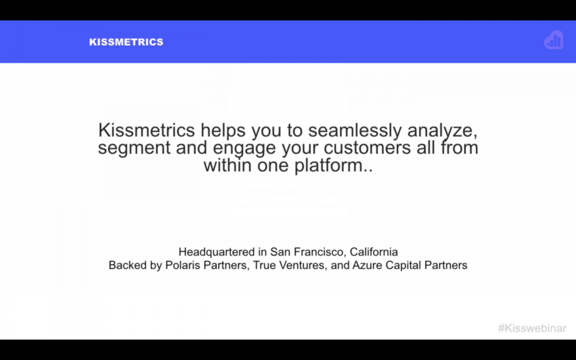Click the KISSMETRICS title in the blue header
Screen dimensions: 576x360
[126, 42]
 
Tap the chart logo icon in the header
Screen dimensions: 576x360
[553, 40]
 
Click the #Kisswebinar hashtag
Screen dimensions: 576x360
[532, 328]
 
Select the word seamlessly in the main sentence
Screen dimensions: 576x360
[355, 131]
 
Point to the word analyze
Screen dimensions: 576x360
[442, 131]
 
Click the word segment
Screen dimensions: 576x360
[134, 148]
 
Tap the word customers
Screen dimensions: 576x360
[367, 148]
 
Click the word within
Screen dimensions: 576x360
[228, 165]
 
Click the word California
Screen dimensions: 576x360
[373, 252]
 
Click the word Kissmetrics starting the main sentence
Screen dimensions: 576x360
[146, 130]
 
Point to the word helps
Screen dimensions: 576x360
[223, 131]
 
